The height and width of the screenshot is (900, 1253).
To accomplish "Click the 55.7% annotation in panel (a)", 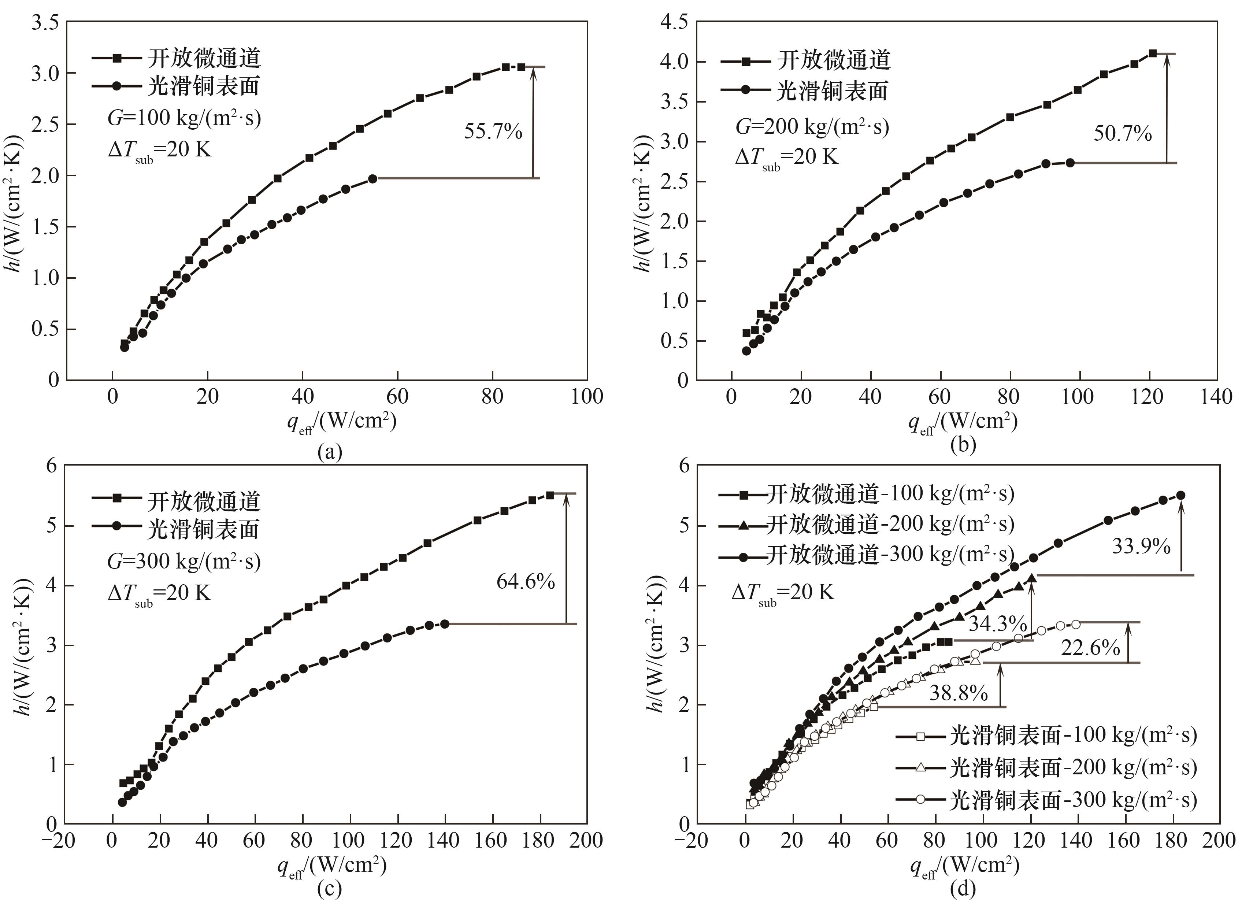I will click(x=493, y=132).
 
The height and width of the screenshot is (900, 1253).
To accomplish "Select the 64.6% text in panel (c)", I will click(x=525, y=581).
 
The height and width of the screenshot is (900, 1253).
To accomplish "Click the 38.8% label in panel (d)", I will click(x=958, y=693).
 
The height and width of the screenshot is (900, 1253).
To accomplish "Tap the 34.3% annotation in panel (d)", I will click(x=997, y=624).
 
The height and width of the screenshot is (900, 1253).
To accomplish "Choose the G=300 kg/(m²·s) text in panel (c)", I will click(x=184, y=561).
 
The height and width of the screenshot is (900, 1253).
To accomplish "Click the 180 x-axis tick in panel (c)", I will click(x=539, y=840).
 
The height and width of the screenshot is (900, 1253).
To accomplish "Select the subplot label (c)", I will click(x=330, y=888).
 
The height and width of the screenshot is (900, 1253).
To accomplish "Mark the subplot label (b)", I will click(x=963, y=445).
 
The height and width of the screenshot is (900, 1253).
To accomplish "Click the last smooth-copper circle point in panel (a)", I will click(x=372, y=178).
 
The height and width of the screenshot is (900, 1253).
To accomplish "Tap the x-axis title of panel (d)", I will click(x=964, y=866).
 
